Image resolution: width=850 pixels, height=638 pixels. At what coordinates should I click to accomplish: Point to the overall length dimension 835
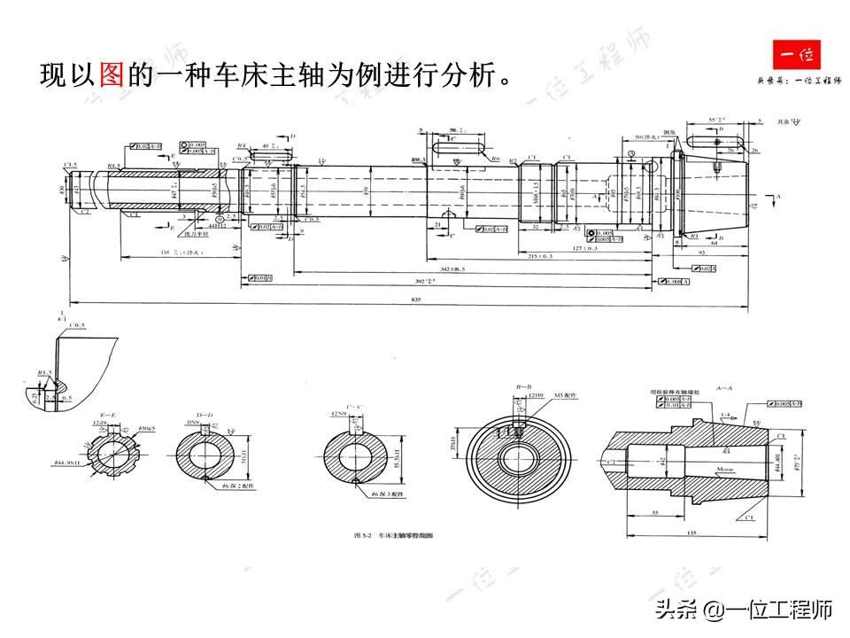tap(416, 300)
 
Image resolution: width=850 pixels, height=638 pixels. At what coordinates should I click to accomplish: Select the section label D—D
tap(205, 413)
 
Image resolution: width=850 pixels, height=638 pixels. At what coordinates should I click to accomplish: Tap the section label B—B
tap(523, 388)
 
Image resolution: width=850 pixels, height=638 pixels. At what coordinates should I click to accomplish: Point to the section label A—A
tap(722, 387)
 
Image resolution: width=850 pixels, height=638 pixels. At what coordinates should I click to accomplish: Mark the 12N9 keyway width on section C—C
tap(337, 413)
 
